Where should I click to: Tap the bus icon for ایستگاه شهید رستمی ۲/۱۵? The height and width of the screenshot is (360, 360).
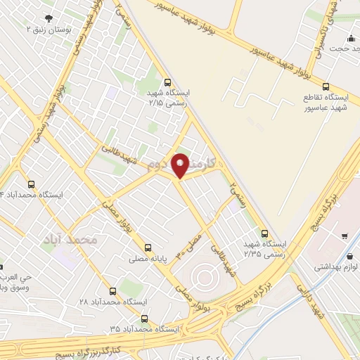(167, 82)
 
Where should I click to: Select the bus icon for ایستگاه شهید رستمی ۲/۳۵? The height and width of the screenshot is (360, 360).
(264, 233)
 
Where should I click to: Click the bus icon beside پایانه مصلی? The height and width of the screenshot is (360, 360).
(148, 247)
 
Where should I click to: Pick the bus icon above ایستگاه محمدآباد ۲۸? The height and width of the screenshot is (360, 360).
(113, 290)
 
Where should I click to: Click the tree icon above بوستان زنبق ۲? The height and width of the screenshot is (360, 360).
(48, 18)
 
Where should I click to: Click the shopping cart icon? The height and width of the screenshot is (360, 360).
(344, 236)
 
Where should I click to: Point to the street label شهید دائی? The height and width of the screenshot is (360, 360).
(309, 299)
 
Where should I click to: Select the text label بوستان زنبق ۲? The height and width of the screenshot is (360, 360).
(48, 30)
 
